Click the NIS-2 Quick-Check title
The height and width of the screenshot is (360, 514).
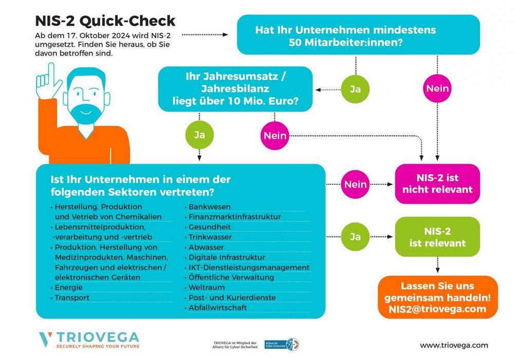click(x=105, y=21)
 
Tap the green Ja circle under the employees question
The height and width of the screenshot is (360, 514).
click(x=355, y=89)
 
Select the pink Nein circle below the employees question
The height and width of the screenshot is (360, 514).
click(x=437, y=89)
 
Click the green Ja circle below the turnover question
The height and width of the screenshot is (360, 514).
click(x=199, y=135)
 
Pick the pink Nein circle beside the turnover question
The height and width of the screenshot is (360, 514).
click(x=275, y=136)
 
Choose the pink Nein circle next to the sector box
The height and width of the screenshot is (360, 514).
click(x=355, y=184)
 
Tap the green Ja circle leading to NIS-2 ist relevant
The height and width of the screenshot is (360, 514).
click(x=355, y=237)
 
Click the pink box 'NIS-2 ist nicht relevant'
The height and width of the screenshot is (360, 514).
click(x=437, y=184)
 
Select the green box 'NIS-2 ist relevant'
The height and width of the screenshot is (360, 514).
click(x=437, y=237)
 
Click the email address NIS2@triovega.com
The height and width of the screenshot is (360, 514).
click(x=437, y=309)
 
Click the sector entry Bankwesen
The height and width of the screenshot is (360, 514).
click(x=210, y=206)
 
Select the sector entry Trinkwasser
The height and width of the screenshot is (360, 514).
click(x=210, y=237)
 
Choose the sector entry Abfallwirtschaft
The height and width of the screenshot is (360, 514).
click(x=218, y=308)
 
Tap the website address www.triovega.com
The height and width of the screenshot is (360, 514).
click(x=454, y=346)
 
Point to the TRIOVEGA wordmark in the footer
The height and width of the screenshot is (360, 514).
click(x=98, y=337)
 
